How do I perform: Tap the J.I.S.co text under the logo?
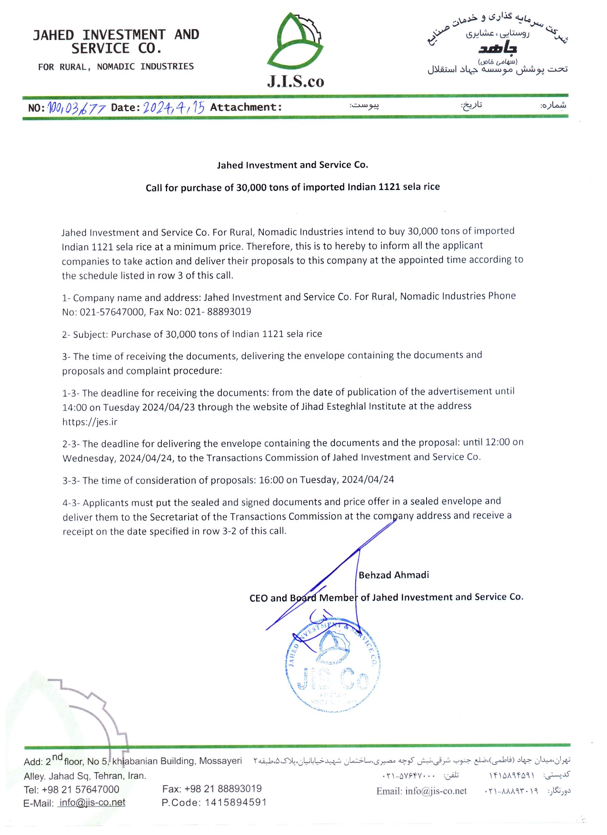point(295,81)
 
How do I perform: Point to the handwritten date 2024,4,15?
point(174,107)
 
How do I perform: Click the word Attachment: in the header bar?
point(246,108)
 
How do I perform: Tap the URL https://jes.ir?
point(90,422)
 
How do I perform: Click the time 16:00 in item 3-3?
point(271,480)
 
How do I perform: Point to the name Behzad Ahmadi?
point(394,575)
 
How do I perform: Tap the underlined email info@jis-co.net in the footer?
point(92,803)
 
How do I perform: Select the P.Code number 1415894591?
point(236,803)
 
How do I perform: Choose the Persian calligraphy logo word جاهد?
point(498,48)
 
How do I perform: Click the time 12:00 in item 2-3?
point(498,442)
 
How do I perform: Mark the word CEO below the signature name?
point(259,598)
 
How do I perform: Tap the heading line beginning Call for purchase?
point(292,187)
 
